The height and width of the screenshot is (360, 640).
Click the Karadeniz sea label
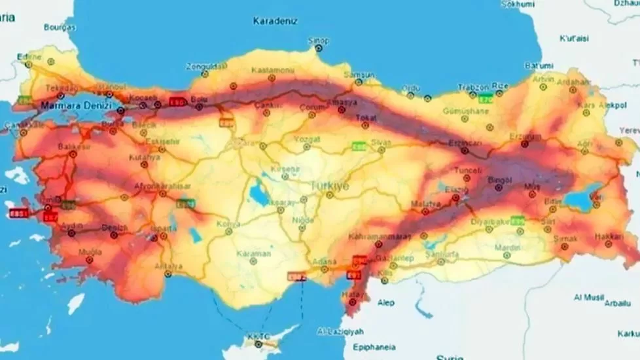[275, 21]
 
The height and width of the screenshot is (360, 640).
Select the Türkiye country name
[330, 185]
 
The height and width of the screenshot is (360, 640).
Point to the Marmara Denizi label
[76, 105]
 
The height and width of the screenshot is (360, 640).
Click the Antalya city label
[168, 266]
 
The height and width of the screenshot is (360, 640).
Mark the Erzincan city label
[465, 143]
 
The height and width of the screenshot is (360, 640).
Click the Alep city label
[386, 303]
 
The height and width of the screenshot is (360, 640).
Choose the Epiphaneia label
[370, 348]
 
